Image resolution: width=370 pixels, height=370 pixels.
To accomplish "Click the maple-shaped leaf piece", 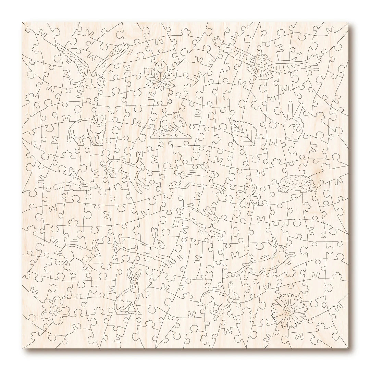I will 154,74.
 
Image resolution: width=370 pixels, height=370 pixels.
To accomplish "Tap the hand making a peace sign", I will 293,122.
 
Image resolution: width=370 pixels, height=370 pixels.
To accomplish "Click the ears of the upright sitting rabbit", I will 132,275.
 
